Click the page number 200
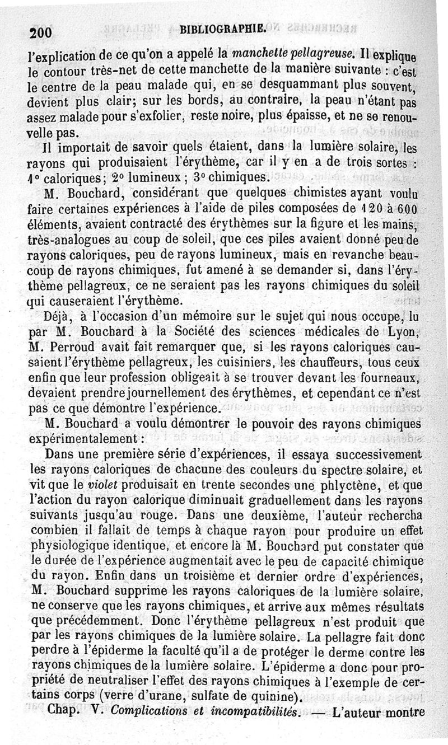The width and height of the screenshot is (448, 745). pos(40,33)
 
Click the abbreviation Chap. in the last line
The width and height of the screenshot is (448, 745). pos(67,713)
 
